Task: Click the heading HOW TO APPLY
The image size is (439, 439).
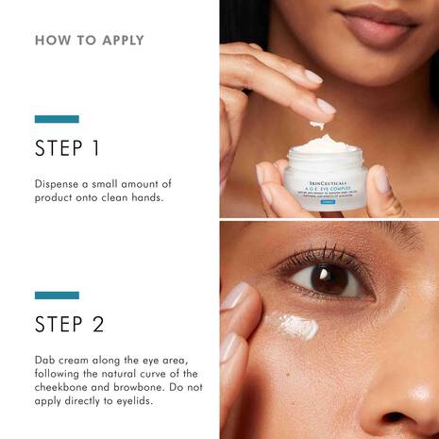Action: (x=90, y=41)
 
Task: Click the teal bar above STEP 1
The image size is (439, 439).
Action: (x=57, y=119)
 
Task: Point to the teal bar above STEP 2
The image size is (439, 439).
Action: (x=57, y=295)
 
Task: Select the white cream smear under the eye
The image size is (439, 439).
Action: (x=295, y=327)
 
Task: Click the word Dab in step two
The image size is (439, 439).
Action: (x=45, y=361)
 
